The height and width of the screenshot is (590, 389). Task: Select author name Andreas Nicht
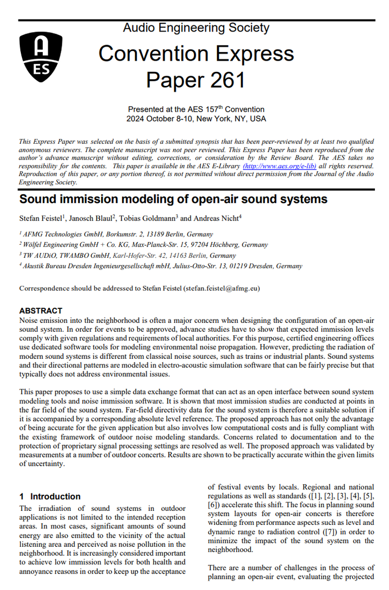tap(217, 219)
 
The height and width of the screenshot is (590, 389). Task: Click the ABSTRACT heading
tap(40, 311)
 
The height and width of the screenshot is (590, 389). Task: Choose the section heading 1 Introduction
tap(50, 496)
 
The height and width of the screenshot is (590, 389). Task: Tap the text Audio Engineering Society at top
tap(196, 28)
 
